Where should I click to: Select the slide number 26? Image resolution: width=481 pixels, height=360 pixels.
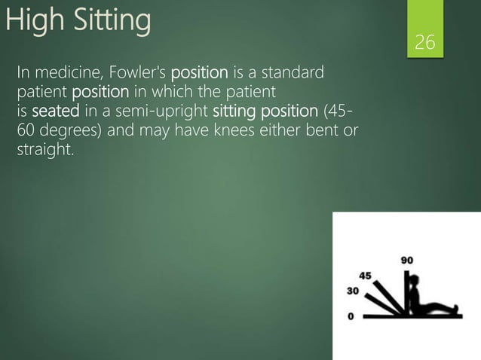[425, 42]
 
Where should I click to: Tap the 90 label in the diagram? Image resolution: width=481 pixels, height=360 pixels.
[406, 261]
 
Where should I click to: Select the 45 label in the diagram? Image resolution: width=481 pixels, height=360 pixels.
[364, 276]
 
